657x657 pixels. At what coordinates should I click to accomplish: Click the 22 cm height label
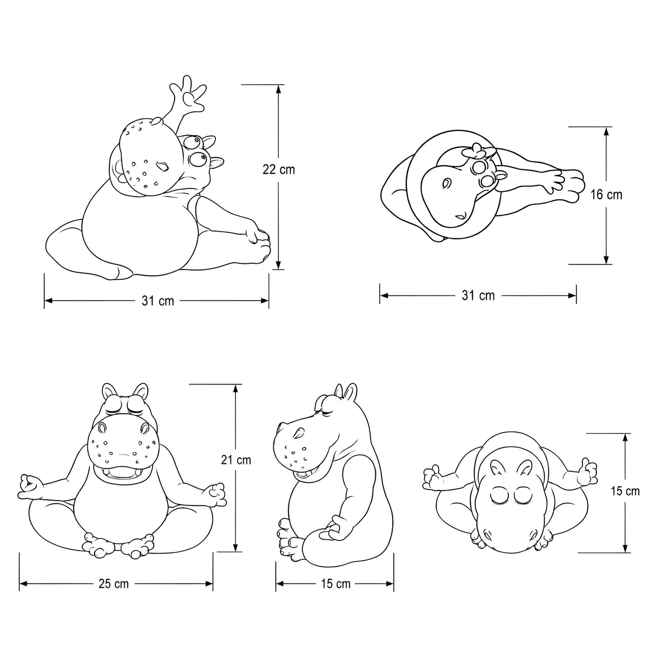click(279, 170)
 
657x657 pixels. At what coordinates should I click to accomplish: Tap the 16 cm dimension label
click(606, 195)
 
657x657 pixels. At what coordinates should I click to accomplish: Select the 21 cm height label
click(236, 460)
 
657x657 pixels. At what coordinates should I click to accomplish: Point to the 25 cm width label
click(114, 584)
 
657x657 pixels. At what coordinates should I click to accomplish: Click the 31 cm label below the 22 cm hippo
click(158, 301)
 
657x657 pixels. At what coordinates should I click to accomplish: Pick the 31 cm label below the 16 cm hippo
click(478, 296)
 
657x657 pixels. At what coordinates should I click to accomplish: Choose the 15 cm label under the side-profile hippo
click(336, 584)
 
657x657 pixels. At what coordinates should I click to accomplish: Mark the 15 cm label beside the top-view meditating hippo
click(625, 491)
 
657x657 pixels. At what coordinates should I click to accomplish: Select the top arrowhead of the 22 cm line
click(279, 89)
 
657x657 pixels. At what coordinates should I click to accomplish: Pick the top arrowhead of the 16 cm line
click(606, 131)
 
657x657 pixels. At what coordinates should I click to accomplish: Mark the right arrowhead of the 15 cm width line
click(390, 584)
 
